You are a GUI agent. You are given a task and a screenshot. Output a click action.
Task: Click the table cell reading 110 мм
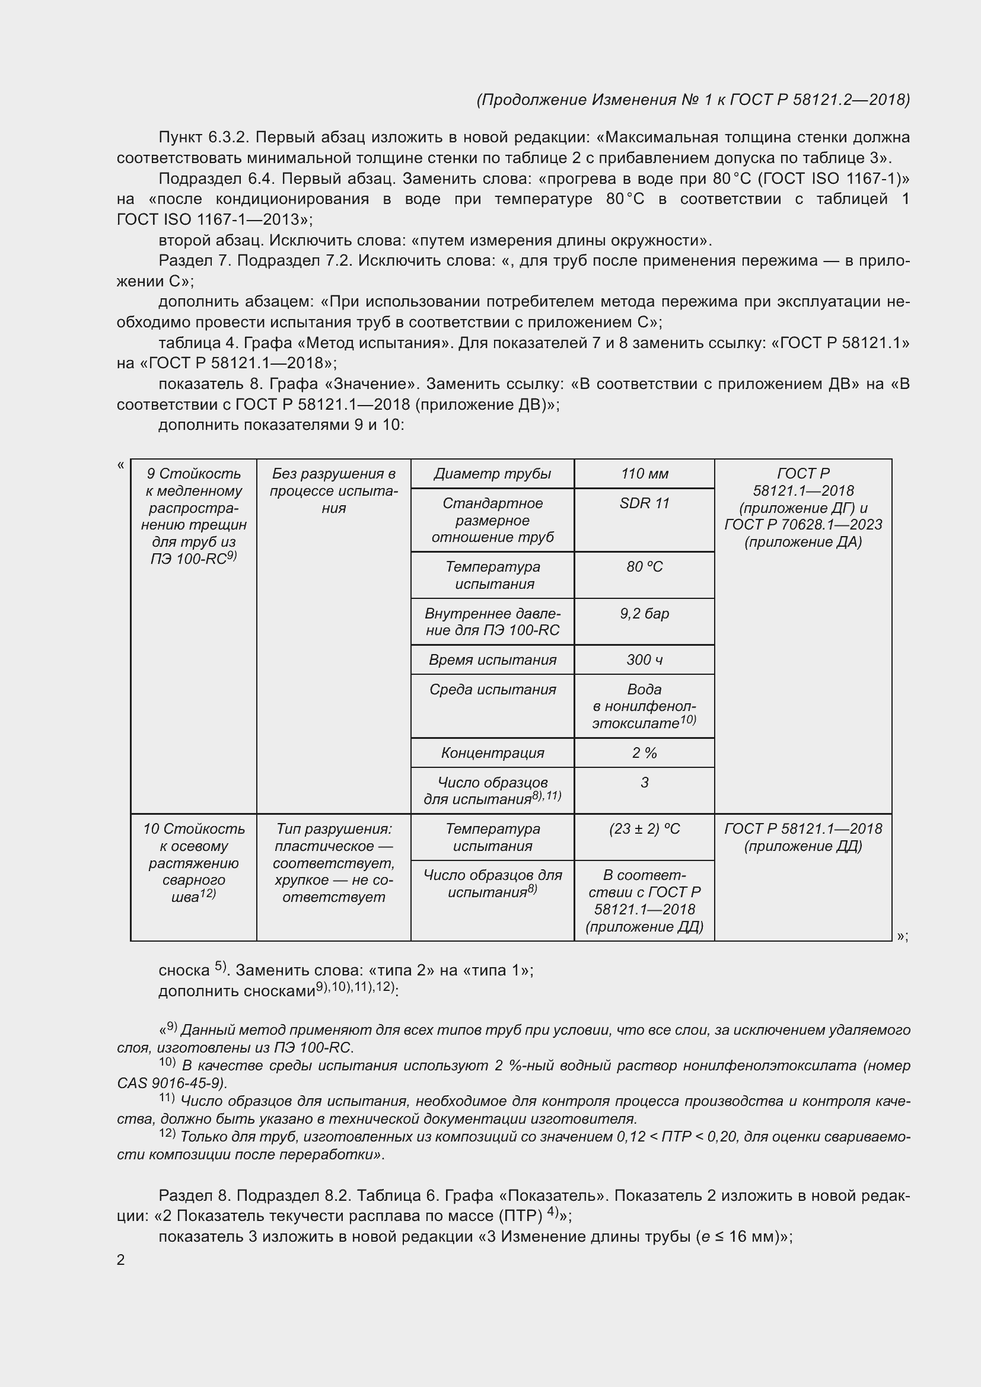pos(644,474)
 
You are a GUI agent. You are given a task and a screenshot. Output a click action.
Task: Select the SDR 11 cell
pos(644,504)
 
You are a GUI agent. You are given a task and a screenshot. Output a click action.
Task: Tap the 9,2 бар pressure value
pos(644,614)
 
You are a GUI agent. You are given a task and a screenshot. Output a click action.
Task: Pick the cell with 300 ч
pos(644,660)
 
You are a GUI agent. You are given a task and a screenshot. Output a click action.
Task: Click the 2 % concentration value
pos(644,753)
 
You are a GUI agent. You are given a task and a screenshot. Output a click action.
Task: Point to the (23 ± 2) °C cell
pos(644,830)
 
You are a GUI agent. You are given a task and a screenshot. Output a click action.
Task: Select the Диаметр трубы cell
pos(492,474)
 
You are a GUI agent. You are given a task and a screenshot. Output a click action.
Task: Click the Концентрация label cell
pos(492,753)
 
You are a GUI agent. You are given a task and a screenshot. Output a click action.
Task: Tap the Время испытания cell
pos(492,660)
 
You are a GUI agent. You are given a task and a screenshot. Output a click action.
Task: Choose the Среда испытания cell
pos(492,690)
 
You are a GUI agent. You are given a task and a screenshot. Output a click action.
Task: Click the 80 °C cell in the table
pos(644,567)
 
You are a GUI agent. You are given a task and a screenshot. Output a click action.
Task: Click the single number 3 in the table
pos(644,783)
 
